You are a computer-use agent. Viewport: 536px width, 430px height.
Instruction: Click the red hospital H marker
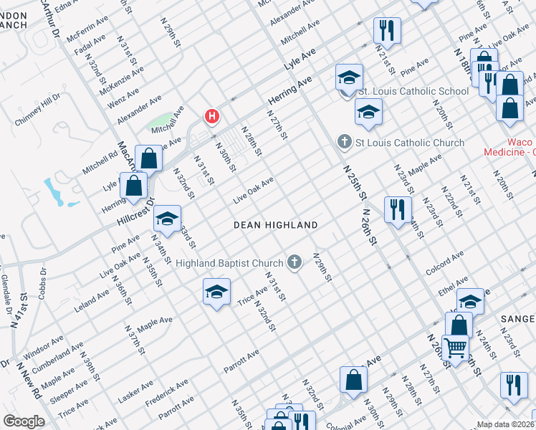212,115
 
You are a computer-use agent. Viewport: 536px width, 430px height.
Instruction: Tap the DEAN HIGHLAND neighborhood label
276,225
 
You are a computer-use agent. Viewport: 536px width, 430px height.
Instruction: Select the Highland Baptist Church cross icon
294,263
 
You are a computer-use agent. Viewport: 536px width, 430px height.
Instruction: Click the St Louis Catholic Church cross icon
345,143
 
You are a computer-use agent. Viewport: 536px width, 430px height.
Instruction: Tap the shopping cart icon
455,348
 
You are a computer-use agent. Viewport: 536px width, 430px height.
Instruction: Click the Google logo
24,421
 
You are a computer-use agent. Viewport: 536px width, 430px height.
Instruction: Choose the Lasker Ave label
135,393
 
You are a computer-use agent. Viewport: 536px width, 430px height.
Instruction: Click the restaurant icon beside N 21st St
386,30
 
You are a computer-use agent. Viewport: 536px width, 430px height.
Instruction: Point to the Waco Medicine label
509,147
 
